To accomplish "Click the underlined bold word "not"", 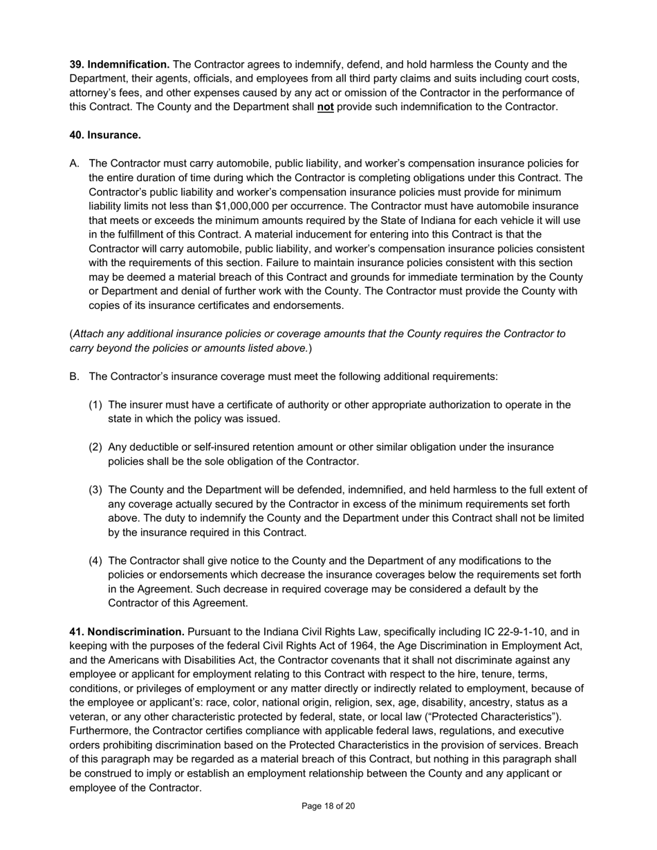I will coord(325,107).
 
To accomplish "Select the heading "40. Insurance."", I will coord(105,135).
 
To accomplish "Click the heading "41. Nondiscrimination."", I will coord(127,632).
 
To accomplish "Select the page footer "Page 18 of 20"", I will coord(328,806).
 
